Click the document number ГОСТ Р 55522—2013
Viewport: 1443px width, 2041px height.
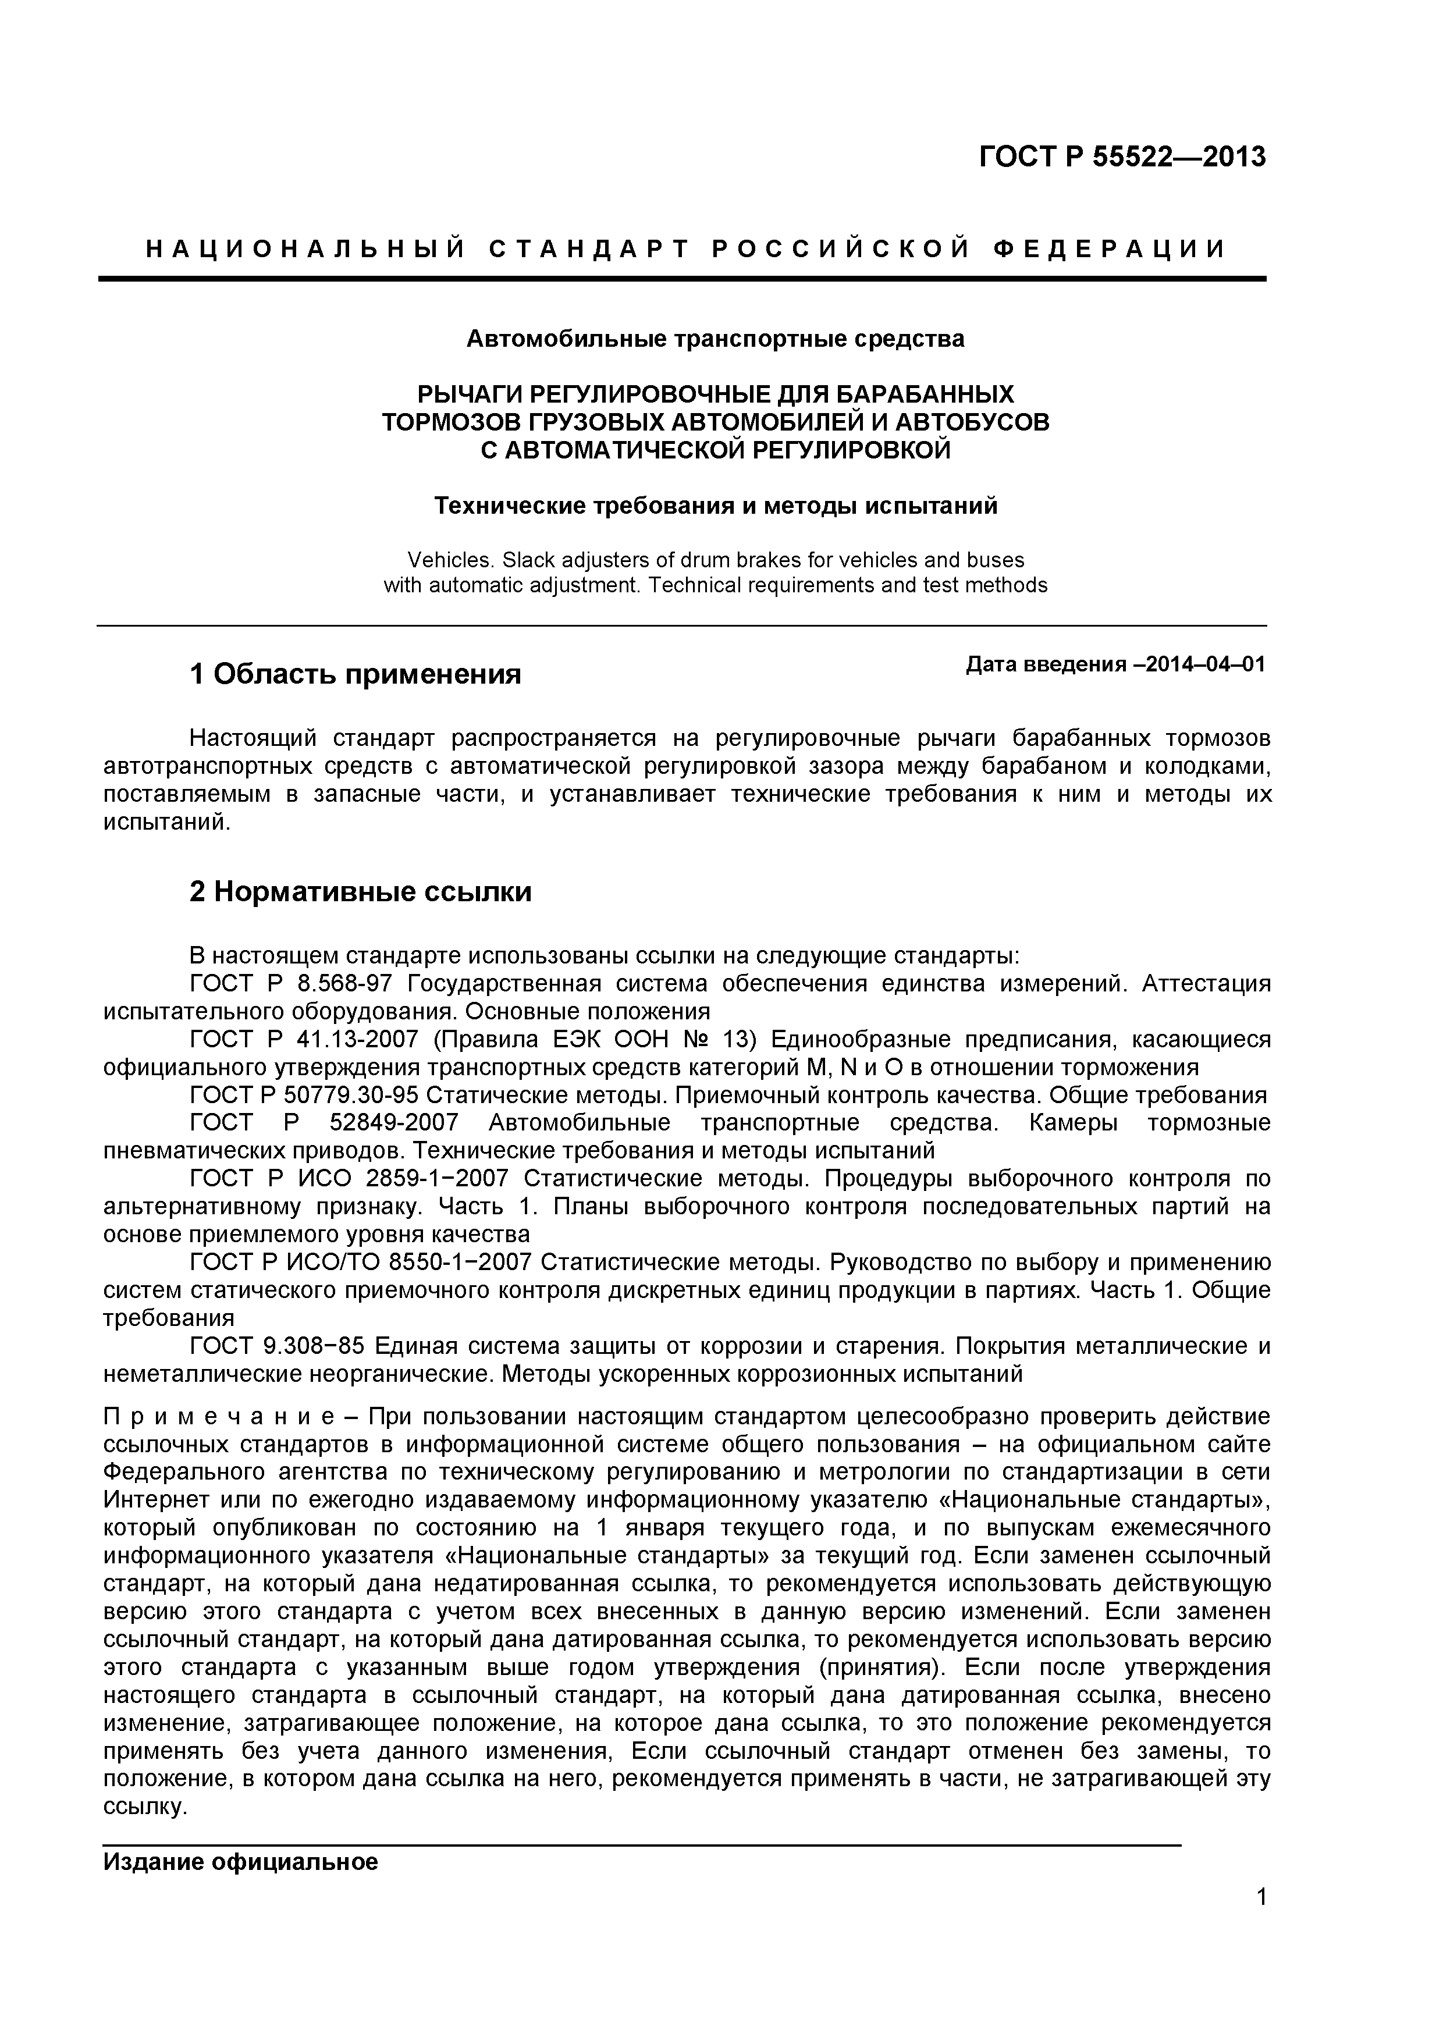(x=1122, y=157)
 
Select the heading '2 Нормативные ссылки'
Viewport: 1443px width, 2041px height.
(x=360, y=891)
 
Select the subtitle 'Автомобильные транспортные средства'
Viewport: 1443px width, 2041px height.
(x=715, y=339)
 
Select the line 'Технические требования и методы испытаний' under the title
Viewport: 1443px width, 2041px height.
(x=715, y=506)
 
